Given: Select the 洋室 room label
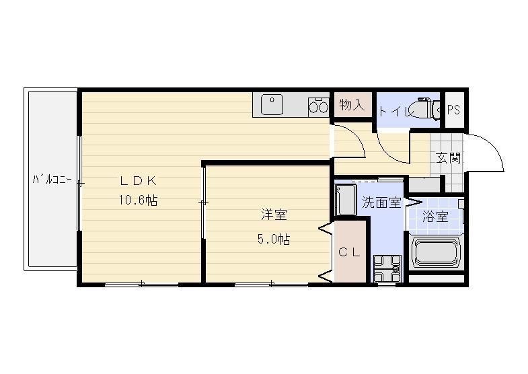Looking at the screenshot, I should pyautogui.click(x=274, y=215).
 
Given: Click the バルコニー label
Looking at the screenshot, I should pyautogui.click(x=52, y=180).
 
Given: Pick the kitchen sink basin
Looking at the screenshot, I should pyautogui.click(x=272, y=105).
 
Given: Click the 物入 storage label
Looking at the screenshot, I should pyautogui.click(x=352, y=105).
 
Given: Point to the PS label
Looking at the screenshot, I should pyautogui.click(x=453, y=110).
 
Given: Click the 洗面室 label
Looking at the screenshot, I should pyautogui.click(x=382, y=202).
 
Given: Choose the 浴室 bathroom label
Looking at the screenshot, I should pyautogui.click(x=435, y=217).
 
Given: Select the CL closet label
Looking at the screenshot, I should pyautogui.click(x=350, y=252).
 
